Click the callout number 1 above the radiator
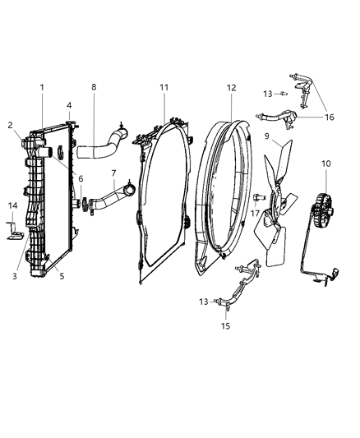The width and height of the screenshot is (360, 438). (x=42, y=87)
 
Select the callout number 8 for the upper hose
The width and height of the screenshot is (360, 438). (x=94, y=87)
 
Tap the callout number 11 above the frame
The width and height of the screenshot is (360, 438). (x=164, y=87)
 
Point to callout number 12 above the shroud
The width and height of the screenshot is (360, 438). (x=232, y=88)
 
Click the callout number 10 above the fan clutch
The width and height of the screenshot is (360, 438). (x=326, y=164)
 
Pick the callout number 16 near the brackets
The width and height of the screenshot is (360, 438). (x=330, y=117)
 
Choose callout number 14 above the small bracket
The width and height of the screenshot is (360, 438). (x=13, y=205)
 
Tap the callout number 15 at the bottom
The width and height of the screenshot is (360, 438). (x=226, y=325)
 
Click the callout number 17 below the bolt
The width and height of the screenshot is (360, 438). (x=255, y=214)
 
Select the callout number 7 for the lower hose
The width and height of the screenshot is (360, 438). (x=113, y=173)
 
